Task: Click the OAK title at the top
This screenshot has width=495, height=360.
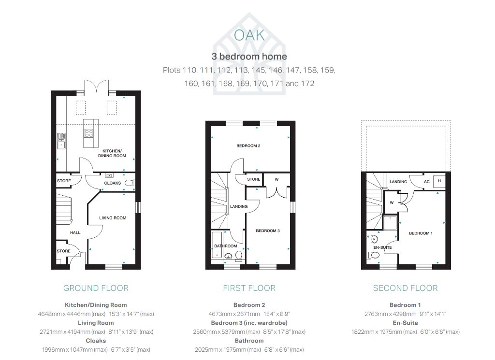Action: point(249,35)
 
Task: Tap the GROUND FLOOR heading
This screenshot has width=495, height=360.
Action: point(96,288)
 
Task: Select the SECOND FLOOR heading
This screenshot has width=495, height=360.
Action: point(406,288)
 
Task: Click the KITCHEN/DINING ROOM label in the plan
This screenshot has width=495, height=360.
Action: point(112,153)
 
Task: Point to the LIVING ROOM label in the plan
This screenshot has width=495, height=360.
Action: point(113,218)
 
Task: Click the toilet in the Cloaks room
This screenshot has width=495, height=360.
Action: point(130,183)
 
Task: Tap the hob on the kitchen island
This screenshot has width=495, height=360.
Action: point(89,133)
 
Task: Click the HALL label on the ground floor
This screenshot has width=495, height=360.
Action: point(75,232)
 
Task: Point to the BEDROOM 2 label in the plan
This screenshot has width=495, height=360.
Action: point(248,146)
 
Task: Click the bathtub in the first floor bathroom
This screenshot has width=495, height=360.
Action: point(217,245)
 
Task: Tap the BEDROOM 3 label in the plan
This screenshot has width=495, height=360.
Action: point(268,230)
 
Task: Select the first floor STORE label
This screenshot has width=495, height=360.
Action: point(254,179)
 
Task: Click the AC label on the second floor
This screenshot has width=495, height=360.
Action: point(427,182)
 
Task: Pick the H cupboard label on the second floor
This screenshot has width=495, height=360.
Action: point(439,181)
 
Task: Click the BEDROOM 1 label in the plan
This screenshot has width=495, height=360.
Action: point(421,233)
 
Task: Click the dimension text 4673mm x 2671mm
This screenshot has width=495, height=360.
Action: point(234,314)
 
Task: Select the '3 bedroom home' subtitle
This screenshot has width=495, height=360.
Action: point(249,57)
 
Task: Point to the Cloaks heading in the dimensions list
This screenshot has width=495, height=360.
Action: point(96,341)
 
